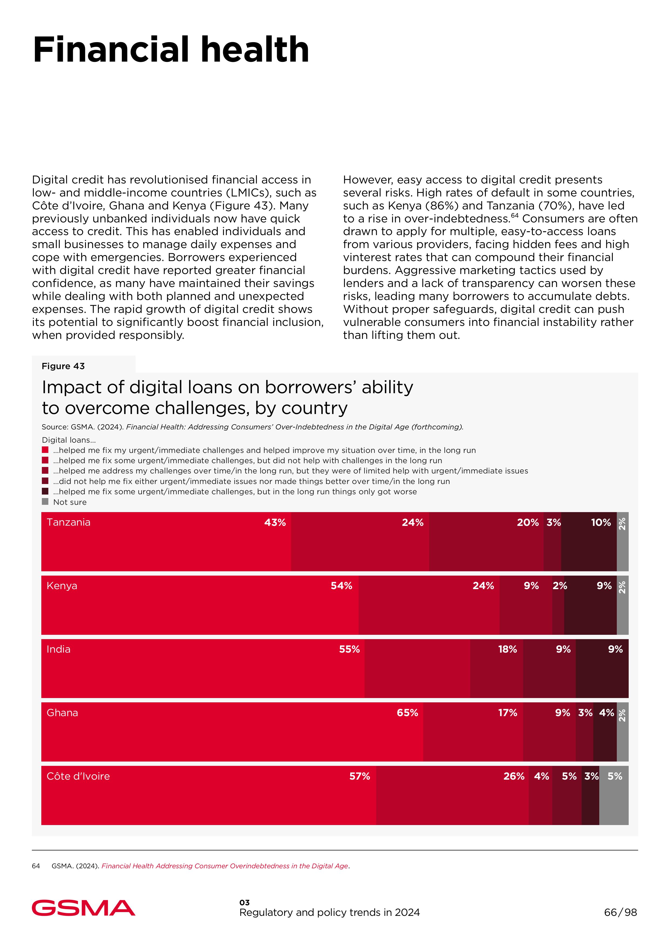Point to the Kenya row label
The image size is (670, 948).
coord(62,586)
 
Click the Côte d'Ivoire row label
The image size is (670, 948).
coord(78,776)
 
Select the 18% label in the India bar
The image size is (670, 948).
coord(507,649)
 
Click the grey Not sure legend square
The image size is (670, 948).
coord(45,502)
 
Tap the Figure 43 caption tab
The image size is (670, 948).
coord(63,366)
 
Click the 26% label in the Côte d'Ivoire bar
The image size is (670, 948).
coord(514,776)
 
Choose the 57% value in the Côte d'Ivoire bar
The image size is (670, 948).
coord(359,776)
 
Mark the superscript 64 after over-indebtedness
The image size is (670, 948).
coord(514,216)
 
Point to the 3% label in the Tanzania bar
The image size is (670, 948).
coord(554,522)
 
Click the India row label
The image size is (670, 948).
coord(59,649)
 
